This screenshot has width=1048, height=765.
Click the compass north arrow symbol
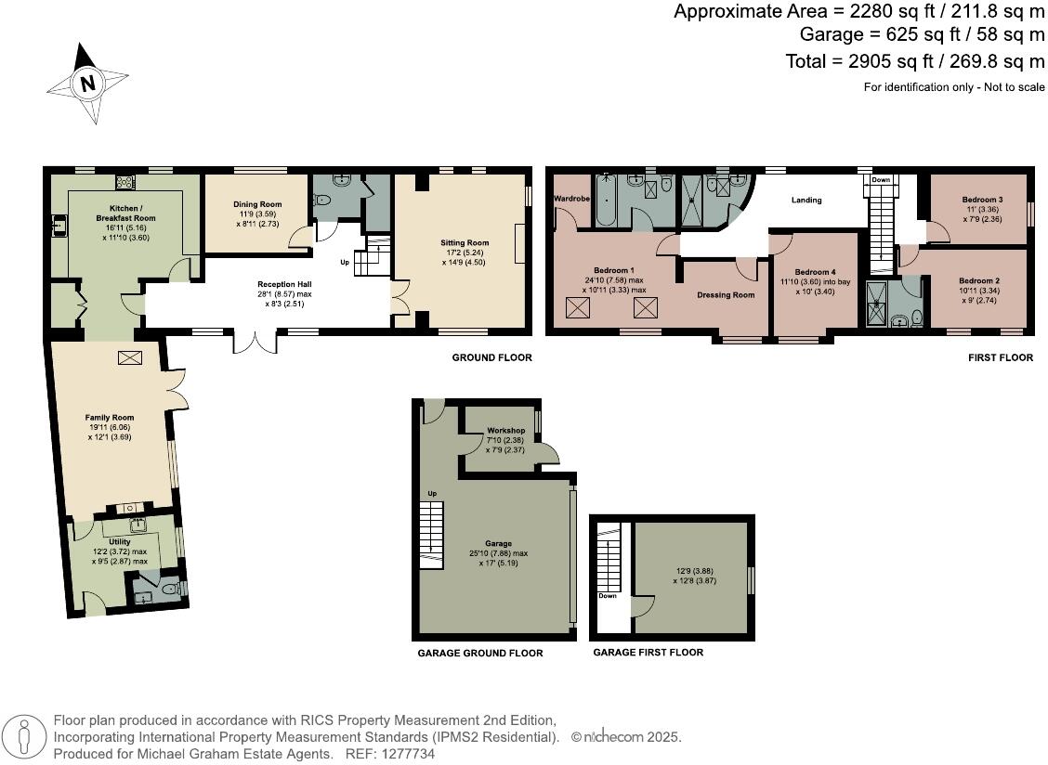[x=86, y=84]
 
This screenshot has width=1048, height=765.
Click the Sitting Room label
[x=464, y=243]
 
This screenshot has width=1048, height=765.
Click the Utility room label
[x=120, y=541]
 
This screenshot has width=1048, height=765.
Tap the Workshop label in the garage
[x=506, y=431]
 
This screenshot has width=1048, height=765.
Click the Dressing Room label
[x=726, y=295]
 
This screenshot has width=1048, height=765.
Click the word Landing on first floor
[x=806, y=200]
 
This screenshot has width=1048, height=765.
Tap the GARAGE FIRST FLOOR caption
[x=648, y=653]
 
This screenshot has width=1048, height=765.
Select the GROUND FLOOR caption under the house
[x=491, y=357]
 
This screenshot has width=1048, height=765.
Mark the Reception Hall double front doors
[x=255, y=340]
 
